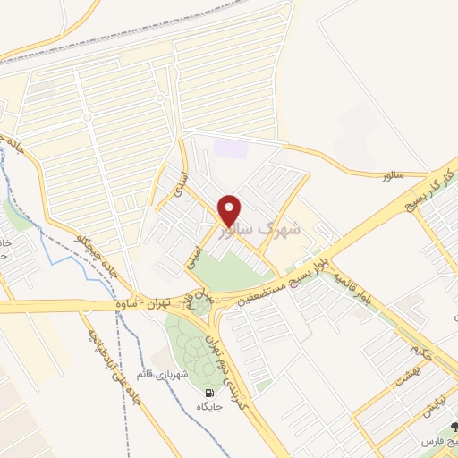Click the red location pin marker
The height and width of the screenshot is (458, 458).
230,210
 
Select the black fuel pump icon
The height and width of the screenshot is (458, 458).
209,393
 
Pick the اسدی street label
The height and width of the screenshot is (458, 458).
175,182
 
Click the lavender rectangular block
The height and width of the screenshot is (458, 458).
231,148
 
